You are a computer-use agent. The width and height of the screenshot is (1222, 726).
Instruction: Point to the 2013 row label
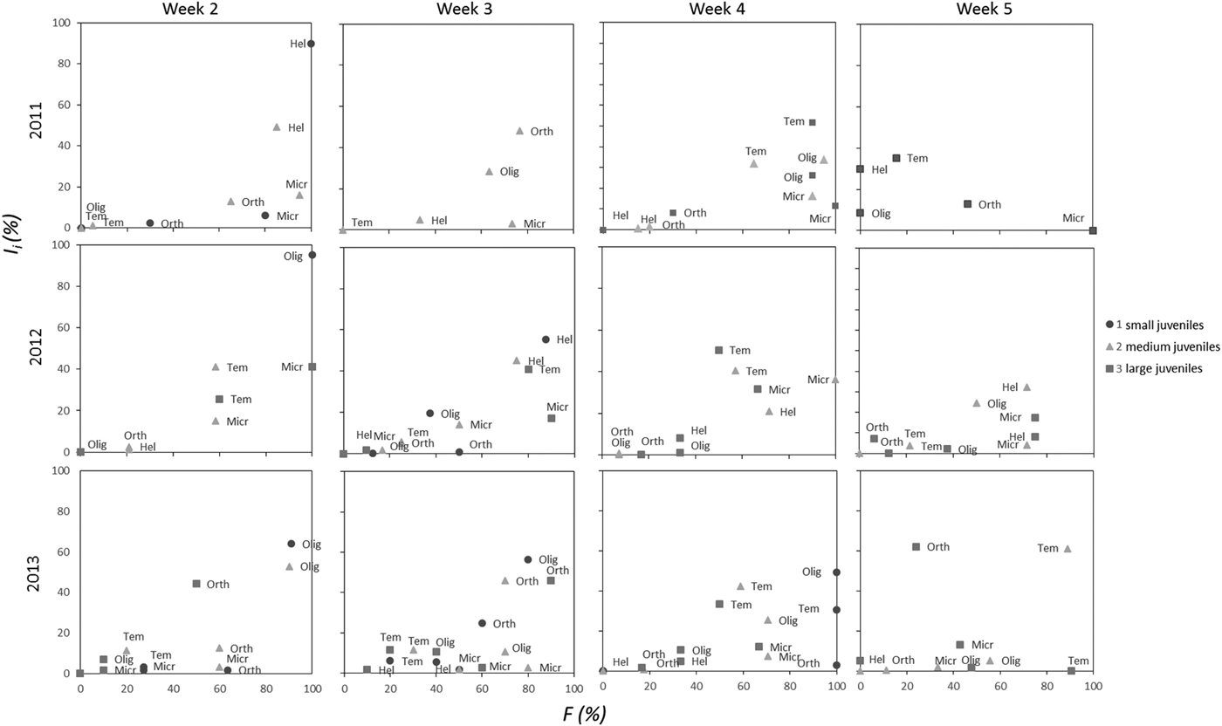pos(36,572)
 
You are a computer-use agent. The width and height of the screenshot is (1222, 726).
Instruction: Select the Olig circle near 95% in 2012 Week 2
pos(312,255)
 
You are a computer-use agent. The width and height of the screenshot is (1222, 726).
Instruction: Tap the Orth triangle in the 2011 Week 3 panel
pos(520,131)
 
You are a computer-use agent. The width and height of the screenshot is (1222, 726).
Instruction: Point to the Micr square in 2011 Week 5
pos(1093,230)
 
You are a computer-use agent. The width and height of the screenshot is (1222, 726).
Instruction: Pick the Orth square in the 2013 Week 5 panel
pos(916,546)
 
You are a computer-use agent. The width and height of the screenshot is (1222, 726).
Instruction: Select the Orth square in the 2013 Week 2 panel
pos(196,583)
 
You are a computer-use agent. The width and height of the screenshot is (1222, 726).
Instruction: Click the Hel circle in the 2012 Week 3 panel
pos(546,339)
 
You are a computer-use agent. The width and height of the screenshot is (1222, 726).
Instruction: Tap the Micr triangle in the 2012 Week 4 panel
pos(834,380)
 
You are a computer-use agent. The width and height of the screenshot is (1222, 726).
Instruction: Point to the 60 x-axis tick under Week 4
pos(743,688)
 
